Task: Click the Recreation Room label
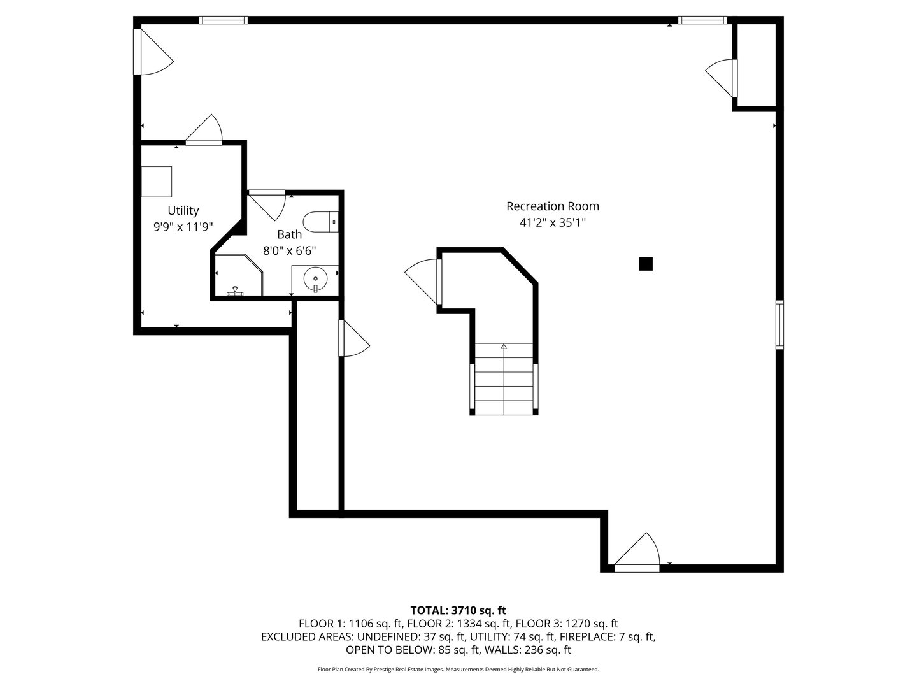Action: [x=552, y=206]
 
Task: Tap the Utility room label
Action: [x=183, y=210]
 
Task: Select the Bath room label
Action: [x=290, y=234]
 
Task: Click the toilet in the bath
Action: [x=320, y=222]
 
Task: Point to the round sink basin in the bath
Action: [x=315, y=278]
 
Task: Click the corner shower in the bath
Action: [x=239, y=275]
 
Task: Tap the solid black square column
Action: [x=646, y=264]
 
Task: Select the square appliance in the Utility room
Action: [x=157, y=182]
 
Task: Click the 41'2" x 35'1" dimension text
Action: [x=552, y=223]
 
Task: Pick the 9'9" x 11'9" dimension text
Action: [x=183, y=227]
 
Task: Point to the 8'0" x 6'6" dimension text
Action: [x=290, y=250]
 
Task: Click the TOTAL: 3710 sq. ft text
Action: [x=458, y=611]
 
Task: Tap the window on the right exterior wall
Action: [x=779, y=325]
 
